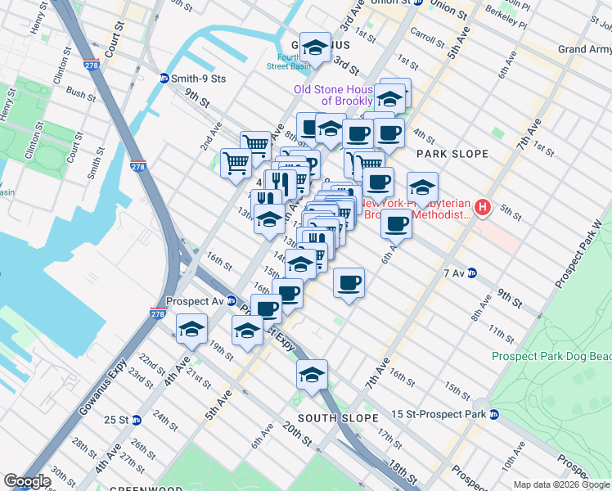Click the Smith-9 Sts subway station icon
click(x=164, y=79)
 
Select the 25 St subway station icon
click(x=137, y=420)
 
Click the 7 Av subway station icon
click(x=472, y=273)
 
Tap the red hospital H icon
click(x=483, y=209)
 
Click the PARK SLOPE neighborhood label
click(x=452, y=154)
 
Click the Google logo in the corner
click(x=27, y=481)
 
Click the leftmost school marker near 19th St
click(x=192, y=329)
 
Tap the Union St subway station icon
click(x=416, y=2)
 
